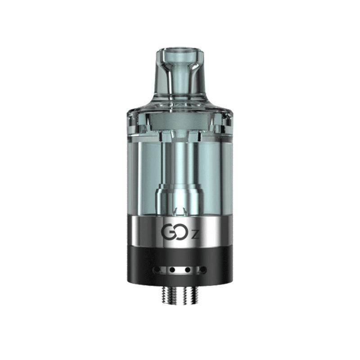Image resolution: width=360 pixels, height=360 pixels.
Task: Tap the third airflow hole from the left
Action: [188, 270]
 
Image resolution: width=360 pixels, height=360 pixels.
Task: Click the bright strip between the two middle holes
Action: [180, 270]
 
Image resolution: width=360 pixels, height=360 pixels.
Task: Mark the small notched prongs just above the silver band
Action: [180, 210]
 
